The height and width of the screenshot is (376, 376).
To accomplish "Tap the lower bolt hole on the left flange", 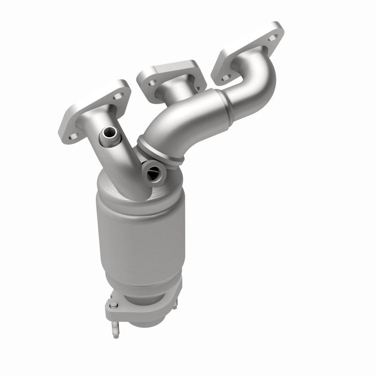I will coord(73,136).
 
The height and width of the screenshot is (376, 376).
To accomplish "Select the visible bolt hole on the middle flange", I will coord(152,83).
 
